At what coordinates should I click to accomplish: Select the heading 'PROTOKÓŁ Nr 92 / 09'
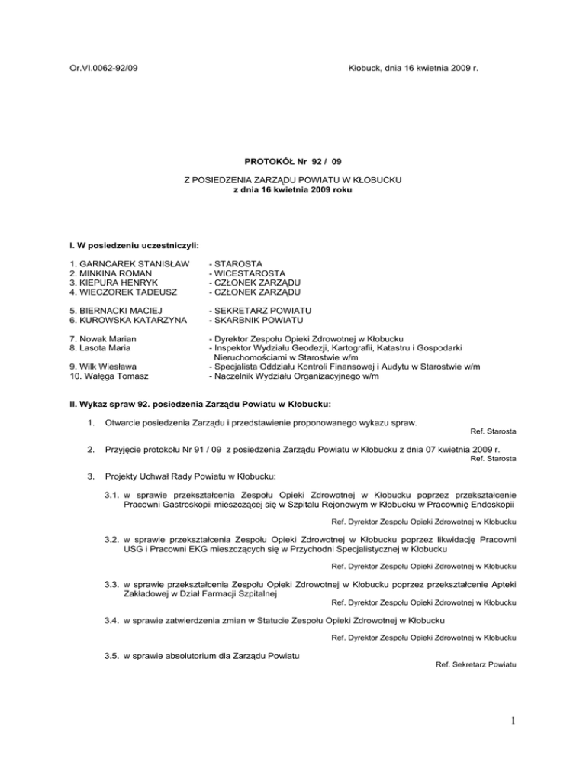pyautogui.click(x=292, y=163)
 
